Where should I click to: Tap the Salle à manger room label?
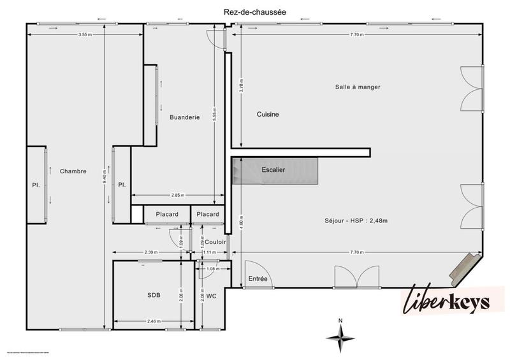pyautogui.click(x=358, y=87)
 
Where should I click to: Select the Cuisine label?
pyautogui.click(x=268, y=115)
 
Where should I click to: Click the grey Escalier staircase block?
pyautogui.click(x=275, y=171)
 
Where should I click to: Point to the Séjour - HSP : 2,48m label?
pyautogui.click(x=356, y=220)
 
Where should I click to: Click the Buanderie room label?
pyautogui.click(x=185, y=117)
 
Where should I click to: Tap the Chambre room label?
pyautogui.click(x=73, y=171)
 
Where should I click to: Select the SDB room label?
pyautogui.click(x=154, y=296)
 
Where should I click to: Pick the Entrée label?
pyautogui.click(x=258, y=279)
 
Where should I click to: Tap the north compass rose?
pyautogui.click(x=340, y=336)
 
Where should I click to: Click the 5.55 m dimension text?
pyautogui.click(x=215, y=113)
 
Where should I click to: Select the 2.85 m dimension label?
pyautogui.click(x=178, y=195)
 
